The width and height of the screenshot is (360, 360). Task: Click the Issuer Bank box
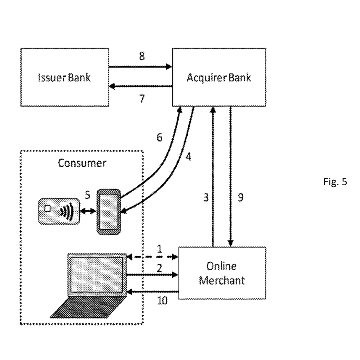tap(64, 77)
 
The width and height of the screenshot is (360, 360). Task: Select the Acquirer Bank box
tap(219, 77)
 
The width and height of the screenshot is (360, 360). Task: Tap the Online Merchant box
tap(222, 273)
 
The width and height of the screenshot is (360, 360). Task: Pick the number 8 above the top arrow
tap(142, 56)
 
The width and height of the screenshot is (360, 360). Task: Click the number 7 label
tap(142, 99)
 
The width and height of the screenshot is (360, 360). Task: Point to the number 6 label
tap(160, 137)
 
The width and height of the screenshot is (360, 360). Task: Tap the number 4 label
tap(188, 157)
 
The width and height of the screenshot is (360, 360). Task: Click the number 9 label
tap(240, 198)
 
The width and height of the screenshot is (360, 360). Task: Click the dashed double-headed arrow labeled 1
tap(152, 257)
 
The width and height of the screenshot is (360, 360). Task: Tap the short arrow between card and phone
tap(88, 211)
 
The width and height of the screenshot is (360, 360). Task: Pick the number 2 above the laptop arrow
tap(159, 268)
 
